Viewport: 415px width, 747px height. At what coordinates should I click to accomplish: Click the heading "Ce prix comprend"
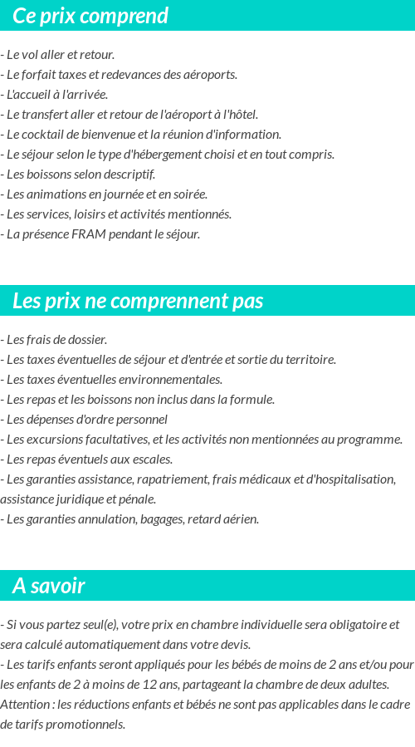[90, 16]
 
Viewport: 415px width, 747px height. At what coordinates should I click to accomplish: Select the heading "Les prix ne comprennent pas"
[138, 301]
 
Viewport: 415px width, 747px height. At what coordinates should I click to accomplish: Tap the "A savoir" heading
[49, 586]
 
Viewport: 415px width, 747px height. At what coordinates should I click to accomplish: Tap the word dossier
[87, 340]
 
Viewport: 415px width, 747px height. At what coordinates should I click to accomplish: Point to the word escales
[151, 460]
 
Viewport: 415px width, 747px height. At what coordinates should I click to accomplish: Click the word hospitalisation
[351, 479]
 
